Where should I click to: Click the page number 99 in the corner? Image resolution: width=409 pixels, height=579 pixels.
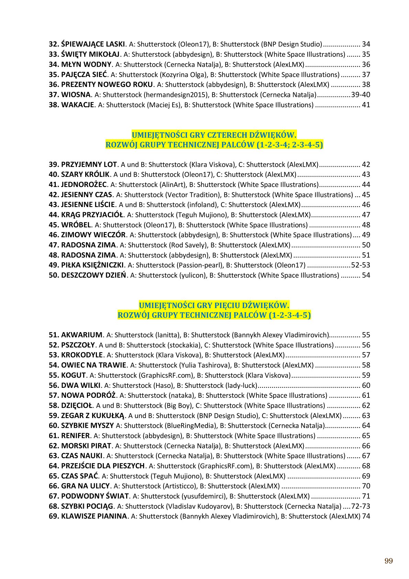click(x=388, y=561)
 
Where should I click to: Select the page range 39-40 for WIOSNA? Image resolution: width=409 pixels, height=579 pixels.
click(x=361, y=95)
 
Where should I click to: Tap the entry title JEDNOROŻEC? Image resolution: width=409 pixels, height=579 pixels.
click(x=84, y=185)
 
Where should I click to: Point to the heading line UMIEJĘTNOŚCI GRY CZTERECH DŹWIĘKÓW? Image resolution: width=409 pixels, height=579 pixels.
click(x=214, y=134)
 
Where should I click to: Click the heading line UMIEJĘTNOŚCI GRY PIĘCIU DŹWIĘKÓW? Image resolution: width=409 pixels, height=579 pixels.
click(x=214, y=305)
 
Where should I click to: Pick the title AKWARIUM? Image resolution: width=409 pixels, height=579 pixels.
click(x=82, y=335)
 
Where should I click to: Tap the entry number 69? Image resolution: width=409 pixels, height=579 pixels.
click(x=54, y=516)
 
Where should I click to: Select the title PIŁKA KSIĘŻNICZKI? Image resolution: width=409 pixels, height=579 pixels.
click(x=92, y=265)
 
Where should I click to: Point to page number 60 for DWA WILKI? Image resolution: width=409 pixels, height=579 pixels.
click(x=366, y=385)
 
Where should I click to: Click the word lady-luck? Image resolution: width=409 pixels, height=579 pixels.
click(x=241, y=385)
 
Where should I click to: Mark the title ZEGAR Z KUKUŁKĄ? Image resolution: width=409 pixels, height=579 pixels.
click(x=93, y=416)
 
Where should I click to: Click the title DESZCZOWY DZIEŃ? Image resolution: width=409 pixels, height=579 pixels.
click(x=93, y=275)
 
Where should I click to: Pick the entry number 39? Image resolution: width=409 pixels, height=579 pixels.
click(x=54, y=164)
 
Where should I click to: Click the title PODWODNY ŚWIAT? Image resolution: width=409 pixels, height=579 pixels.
click(x=95, y=496)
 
